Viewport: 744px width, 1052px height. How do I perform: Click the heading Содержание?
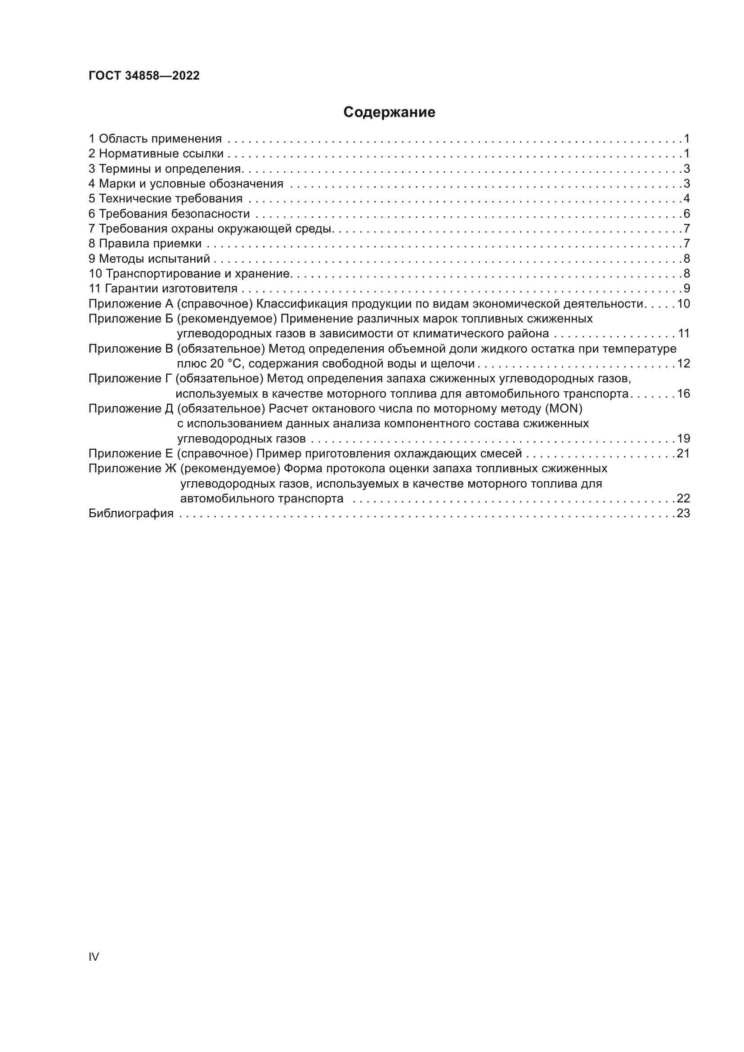click(389, 112)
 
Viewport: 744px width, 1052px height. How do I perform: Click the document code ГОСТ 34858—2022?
click(144, 76)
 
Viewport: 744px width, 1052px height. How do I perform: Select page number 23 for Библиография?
click(683, 514)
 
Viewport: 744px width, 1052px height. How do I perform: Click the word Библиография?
click(131, 514)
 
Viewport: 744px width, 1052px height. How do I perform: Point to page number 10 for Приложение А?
click(683, 304)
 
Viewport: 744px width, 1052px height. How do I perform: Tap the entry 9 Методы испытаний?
click(149, 259)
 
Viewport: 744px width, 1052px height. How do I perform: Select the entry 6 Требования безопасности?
click(169, 214)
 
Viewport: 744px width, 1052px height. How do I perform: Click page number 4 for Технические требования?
click(686, 199)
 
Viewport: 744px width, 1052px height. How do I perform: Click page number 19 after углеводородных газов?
click(683, 439)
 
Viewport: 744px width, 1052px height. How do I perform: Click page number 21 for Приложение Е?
click(683, 454)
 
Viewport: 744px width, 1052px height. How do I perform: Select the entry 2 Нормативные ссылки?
click(156, 153)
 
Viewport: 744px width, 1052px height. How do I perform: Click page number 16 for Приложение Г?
click(683, 394)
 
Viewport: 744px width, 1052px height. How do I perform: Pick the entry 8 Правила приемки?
click(145, 244)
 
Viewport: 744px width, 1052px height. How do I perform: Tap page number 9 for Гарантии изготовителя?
click(686, 289)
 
